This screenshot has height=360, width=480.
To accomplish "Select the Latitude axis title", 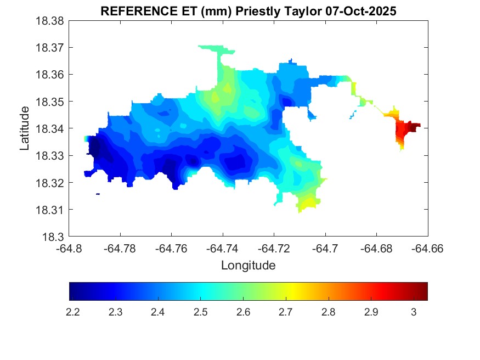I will [x=25, y=128].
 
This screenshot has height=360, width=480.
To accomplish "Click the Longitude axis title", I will [x=248, y=266].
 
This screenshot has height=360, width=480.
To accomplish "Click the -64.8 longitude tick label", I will [x=70, y=249].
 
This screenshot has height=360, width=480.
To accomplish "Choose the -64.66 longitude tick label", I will [x=428, y=249].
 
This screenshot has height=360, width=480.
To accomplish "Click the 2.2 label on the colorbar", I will [x=73, y=312].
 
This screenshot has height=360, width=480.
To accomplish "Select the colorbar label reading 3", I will [x=413, y=312].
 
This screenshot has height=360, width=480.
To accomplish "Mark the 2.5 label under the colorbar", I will [x=200, y=312].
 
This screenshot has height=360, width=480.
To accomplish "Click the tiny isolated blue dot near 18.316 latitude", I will [x=98, y=194].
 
